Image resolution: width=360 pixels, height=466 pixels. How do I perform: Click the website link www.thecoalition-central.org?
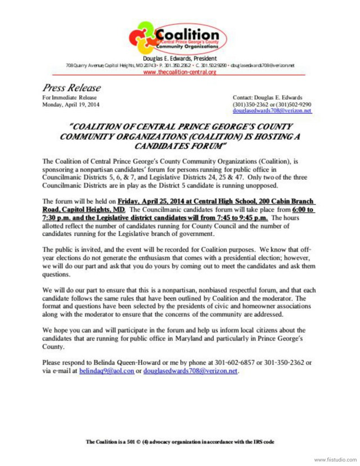(179, 73)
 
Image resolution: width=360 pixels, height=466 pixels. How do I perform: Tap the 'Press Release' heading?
(71, 88)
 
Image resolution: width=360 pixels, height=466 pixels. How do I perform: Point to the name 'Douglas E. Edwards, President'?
(179, 59)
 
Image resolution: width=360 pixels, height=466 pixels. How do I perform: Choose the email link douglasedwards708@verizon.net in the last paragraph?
(191, 371)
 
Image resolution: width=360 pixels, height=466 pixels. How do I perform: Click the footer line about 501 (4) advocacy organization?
(179, 442)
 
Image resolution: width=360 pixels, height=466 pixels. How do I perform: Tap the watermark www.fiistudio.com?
(335, 460)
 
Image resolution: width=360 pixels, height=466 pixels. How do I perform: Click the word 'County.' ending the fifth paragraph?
(54, 347)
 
